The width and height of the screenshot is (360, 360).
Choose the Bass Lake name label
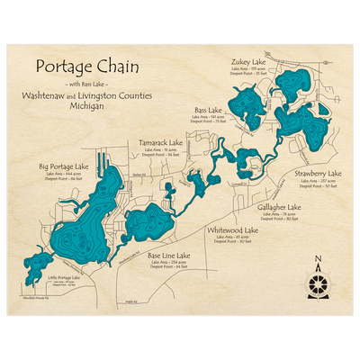(x=209, y=111)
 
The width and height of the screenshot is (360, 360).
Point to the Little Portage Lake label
(x=65, y=279)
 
